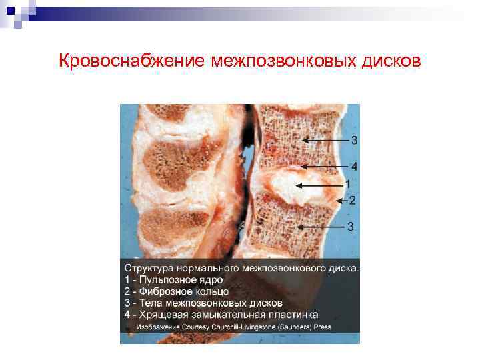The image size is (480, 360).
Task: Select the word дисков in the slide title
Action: pyautogui.click(x=391, y=61)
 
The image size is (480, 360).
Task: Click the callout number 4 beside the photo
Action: pyautogui.click(x=354, y=166)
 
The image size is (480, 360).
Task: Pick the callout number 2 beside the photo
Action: pyautogui.click(x=352, y=199)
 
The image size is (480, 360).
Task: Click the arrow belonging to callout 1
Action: pyautogui.click(x=319, y=185)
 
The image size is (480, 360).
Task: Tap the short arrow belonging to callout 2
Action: pyautogui.click(x=341, y=200)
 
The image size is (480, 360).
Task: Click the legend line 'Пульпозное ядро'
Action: pyautogui.click(x=173, y=280)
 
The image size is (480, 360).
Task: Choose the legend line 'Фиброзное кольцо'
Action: pyautogui.click(x=176, y=291)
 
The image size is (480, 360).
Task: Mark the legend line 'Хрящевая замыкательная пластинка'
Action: pyautogui.click(x=221, y=314)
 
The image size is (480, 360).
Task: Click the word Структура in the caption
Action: pyautogui.click(x=148, y=269)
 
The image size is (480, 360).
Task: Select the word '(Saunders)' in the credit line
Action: pyautogui.click(x=299, y=327)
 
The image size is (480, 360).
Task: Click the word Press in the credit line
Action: pyautogui.click(x=323, y=327)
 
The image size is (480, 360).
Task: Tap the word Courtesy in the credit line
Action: pyautogui.click(x=199, y=327)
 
